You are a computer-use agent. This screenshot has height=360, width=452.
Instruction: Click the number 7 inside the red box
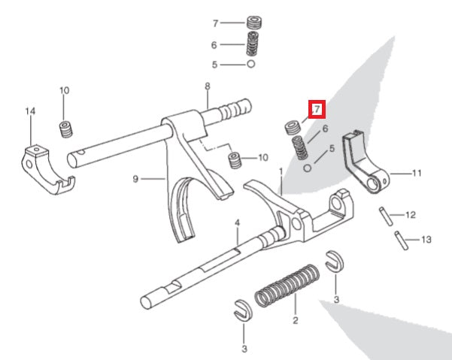coord(317,110)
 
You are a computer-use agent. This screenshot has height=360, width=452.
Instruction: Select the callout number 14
coord(30,112)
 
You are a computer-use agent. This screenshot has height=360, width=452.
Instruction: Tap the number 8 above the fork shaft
coord(207,87)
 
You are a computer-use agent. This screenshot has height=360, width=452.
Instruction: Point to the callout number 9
coord(135,179)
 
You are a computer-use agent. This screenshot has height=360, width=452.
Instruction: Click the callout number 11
coord(417,173)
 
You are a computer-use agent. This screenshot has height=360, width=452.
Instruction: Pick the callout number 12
coord(410,215)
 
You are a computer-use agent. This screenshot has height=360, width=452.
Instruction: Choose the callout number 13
coord(426,241)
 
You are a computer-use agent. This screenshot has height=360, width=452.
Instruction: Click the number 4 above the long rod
coord(236,223)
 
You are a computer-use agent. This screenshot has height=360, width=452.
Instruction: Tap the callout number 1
coord(281,172)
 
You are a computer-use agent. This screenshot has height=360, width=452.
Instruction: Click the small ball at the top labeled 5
coord(250,65)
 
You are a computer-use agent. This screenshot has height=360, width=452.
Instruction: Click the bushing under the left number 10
coord(65,129)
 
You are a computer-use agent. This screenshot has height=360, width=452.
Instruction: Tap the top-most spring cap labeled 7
coord(254,23)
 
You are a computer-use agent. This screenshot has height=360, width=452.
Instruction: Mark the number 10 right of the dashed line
coord(262,158)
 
